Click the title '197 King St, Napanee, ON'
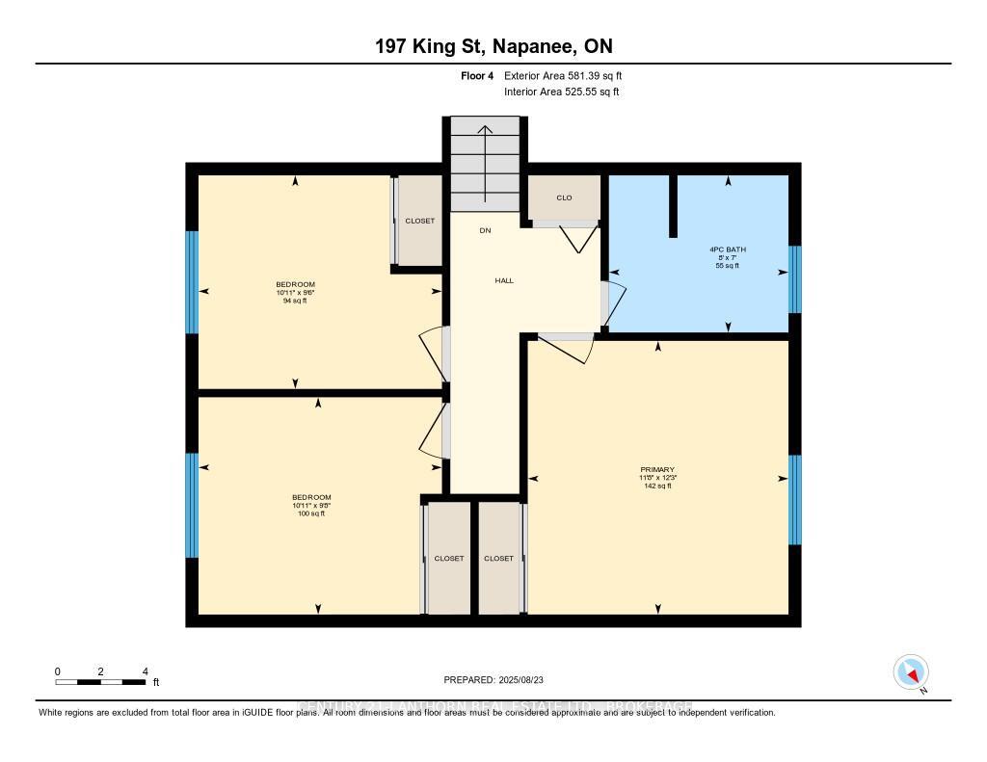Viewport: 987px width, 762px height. point(493,46)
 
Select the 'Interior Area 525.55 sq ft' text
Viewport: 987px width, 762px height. point(561,92)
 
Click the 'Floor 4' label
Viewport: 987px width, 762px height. point(477,75)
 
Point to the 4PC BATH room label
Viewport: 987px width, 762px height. point(728,257)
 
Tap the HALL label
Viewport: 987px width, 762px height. point(504,280)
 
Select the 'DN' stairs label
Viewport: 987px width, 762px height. point(486,230)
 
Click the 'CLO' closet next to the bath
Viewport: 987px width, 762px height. point(564,197)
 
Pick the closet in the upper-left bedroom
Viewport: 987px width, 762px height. point(419,221)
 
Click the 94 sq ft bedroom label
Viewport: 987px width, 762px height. point(296,292)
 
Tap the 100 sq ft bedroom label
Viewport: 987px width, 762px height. point(310,505)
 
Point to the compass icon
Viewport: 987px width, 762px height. point(911,671)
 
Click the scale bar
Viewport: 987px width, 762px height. point(100,682)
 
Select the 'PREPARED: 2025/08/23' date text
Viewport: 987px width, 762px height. point(493,679)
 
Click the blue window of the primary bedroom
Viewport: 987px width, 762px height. point(794,499)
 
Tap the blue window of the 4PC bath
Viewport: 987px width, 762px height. point(794,279)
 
